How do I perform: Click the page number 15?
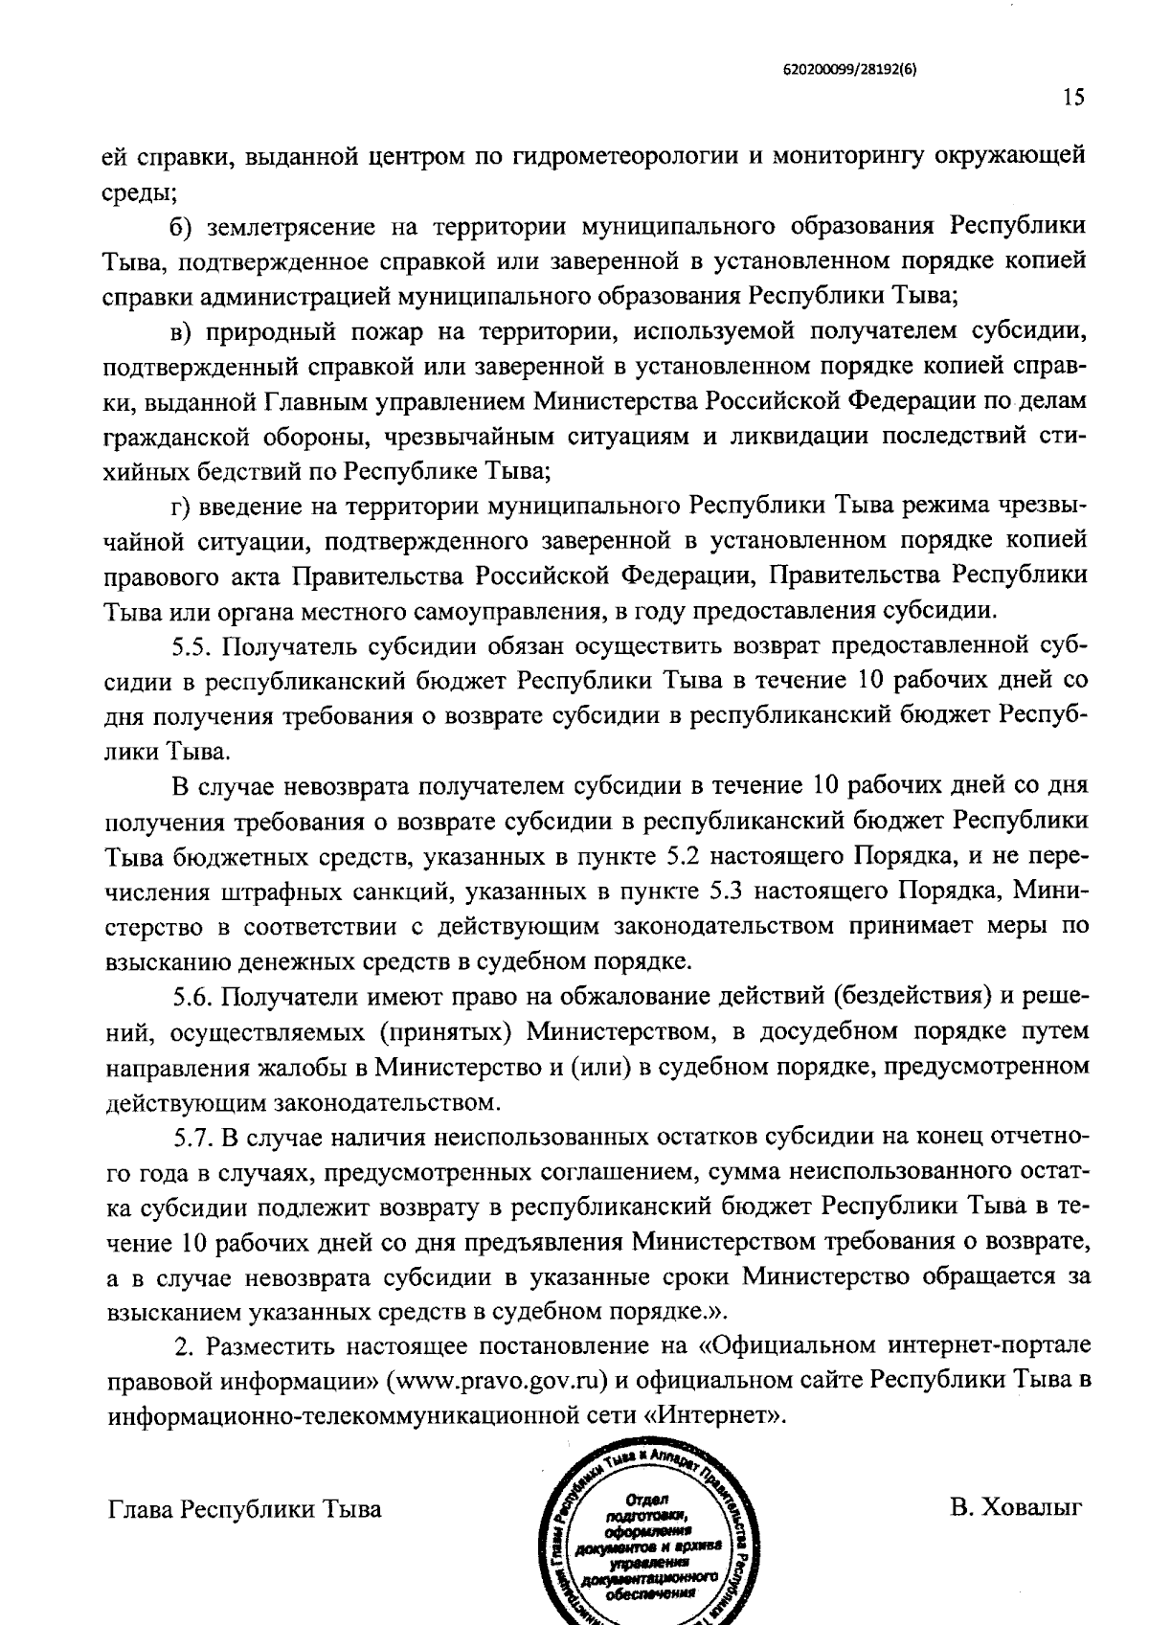[x=1072, y=98]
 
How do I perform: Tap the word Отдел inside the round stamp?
[x=644, y=1499]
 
